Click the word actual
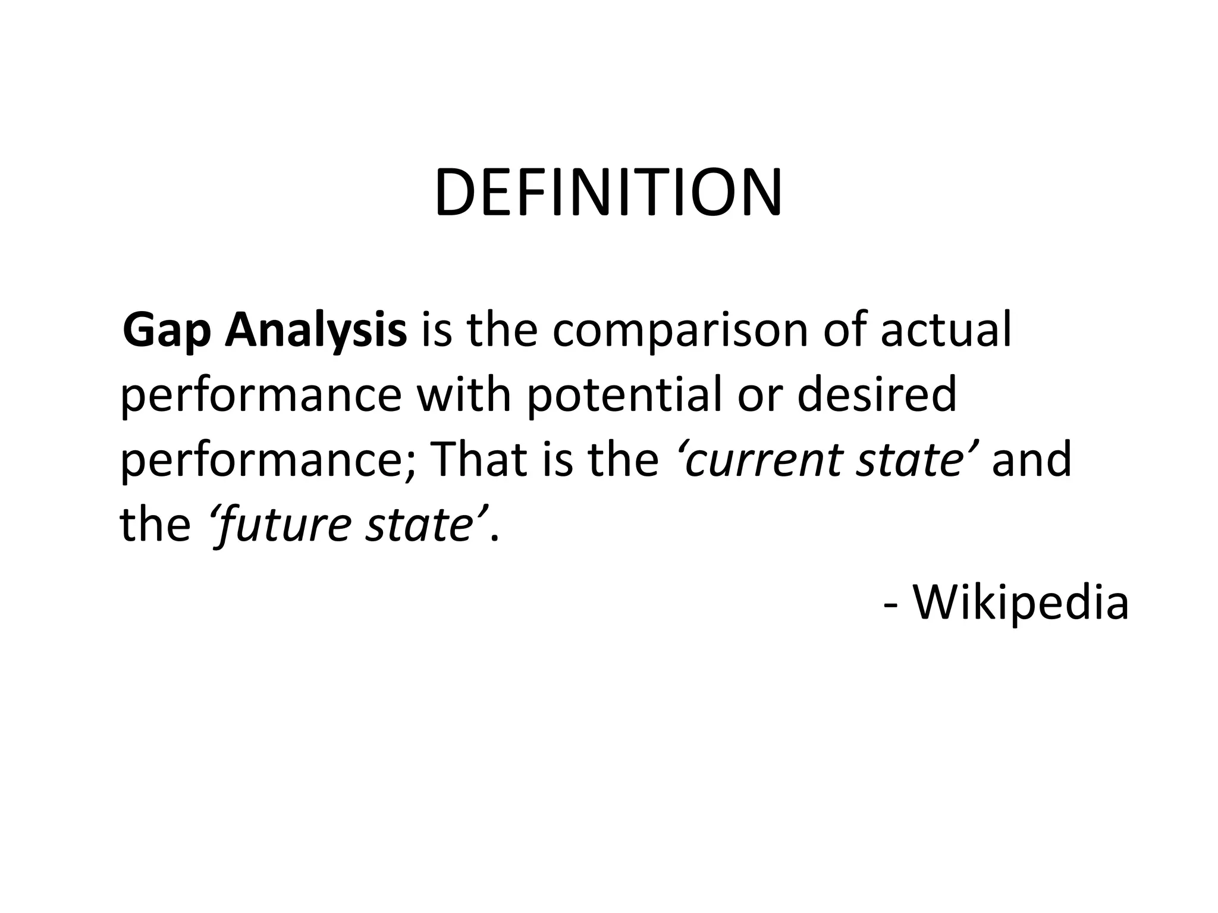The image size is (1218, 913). point(946,330)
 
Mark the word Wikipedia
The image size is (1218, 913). point(1020,603)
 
